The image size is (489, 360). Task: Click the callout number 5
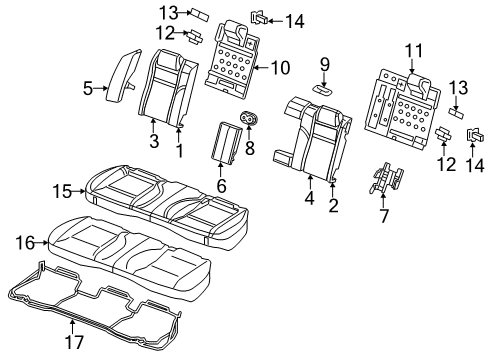click(x=87, y=89)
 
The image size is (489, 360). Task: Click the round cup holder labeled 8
click(x=247, y=121)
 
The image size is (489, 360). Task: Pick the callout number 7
click(x=382, y=215)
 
